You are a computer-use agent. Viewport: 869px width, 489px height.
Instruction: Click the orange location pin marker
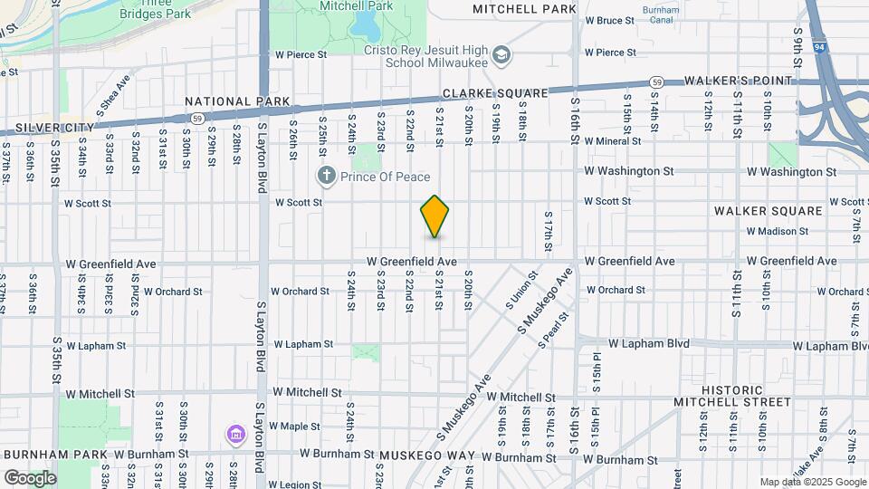click(x=434, y=216)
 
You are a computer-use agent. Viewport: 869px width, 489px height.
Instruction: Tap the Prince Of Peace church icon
click(x=324, y=175)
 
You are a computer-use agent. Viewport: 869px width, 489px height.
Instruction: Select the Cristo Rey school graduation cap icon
click(x=501, y=57)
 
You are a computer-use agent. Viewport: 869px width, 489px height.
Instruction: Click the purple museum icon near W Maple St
click(x=235, y=436)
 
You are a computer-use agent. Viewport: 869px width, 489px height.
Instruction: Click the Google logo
click(x=30, y=478)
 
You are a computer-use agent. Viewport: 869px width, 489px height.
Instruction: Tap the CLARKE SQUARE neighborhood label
click(x=495, y=93)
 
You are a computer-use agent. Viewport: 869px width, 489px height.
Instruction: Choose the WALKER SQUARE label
click(x=768, y=210)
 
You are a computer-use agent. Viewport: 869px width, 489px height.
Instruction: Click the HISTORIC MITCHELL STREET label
click(x=732, y=396)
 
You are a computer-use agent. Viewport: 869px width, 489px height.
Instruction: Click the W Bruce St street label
click(x=609, y=20)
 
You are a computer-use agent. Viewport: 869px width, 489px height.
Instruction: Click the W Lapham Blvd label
click(x=649, y=344)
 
